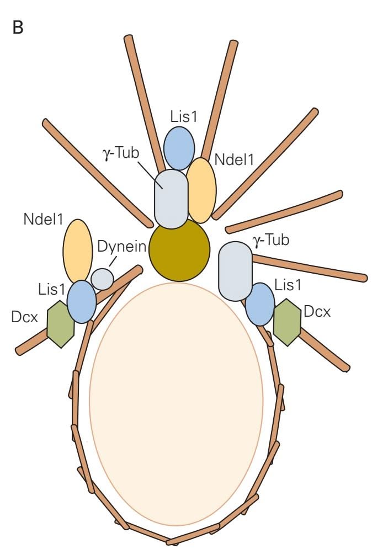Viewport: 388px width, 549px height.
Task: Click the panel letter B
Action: pos(18,28)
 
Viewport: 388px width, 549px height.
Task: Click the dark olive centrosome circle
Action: pos(179,250)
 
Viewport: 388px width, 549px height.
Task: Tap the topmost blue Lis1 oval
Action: pos(179,148)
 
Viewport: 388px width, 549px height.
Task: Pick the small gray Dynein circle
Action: pos(102,279)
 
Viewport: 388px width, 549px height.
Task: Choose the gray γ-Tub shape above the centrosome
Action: pos(171,199)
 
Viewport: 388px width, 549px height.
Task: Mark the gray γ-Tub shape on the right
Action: pos(235,270)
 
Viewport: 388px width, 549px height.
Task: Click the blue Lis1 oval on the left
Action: pos(82,301)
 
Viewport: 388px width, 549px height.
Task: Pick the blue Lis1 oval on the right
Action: pos(259,303)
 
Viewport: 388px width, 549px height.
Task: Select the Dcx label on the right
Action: pos(317,312)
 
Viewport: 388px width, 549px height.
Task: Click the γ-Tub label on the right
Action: pos(271,240)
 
